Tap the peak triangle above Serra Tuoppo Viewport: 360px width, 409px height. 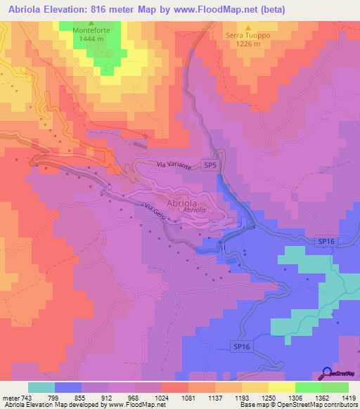247,26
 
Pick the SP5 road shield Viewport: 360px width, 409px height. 210,164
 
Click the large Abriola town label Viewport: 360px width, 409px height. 186,200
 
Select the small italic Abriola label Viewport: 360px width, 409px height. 194,210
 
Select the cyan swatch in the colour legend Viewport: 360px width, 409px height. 41,387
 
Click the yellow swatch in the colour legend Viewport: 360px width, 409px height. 255,387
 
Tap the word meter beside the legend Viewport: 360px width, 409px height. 10,397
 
